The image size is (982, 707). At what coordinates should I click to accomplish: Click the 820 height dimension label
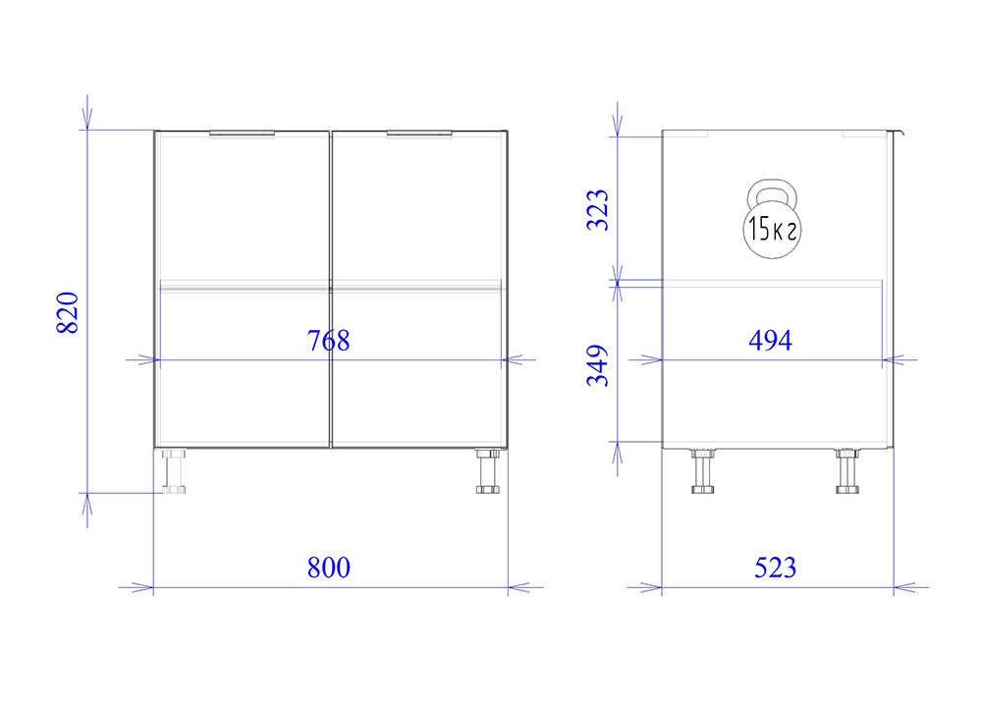(68, 312)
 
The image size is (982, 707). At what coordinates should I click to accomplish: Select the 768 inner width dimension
(328, 341)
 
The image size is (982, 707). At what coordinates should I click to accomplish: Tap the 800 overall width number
(329, 568)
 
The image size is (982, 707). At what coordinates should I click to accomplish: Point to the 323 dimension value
(597, 210)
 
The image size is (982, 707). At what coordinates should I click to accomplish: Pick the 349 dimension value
(597, 365)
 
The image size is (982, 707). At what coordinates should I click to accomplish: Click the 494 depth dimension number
(770, 340)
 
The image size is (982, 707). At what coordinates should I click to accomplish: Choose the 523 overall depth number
(776, 568)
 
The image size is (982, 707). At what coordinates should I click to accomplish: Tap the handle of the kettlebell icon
(772, 188)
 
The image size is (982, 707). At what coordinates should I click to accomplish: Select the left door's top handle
(242, 134)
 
